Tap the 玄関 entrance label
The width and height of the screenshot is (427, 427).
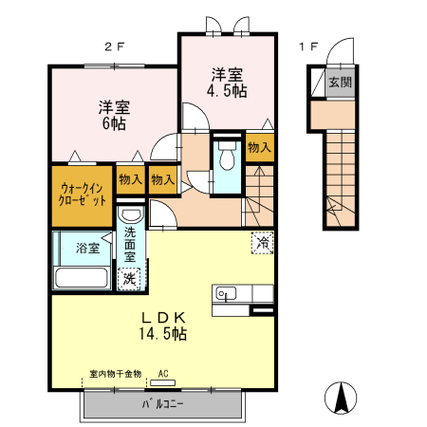click(340, 83)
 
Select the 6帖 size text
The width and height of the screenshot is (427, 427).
click(113, 122)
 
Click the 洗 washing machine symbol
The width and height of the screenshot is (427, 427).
click(128, 279)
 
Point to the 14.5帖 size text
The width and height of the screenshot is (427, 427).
click(164, 334)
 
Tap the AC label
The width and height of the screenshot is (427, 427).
click(163, 374)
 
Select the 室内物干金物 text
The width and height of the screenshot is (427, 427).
click(115, 374)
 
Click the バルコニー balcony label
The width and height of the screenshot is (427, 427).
click(162, 402)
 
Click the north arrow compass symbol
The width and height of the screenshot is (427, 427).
click(340, 397)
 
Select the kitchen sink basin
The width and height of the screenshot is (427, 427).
click(224, 292)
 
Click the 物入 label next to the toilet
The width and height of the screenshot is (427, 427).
click(258, 147)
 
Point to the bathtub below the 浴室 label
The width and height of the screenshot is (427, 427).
click(82, 278)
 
